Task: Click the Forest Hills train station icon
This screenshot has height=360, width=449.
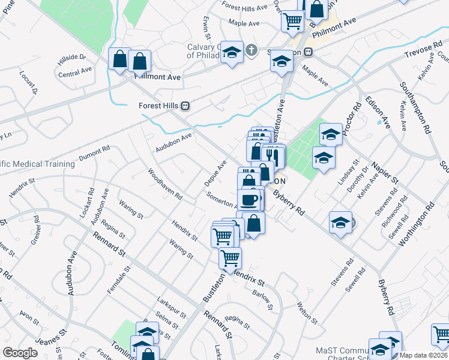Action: point(185,106)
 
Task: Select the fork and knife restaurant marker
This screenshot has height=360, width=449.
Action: point(273,155)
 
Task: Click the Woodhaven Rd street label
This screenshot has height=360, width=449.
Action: point(166,184)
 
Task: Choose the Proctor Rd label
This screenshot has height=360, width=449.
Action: point(357,114)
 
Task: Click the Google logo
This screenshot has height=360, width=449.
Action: point(20,353)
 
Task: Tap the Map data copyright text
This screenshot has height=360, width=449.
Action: point(424,355)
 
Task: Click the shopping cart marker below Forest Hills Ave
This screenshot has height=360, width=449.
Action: point(292,21)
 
